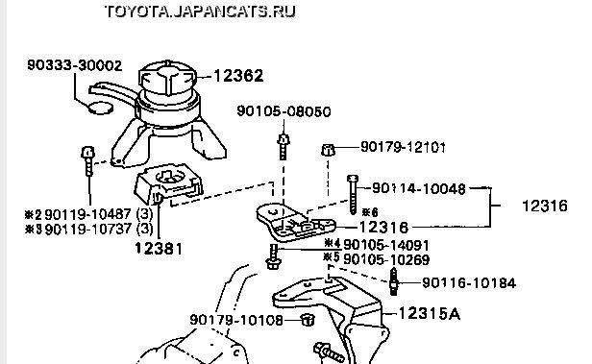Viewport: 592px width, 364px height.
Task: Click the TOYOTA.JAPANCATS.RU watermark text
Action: point(200,12)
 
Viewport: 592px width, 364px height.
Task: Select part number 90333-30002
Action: point(75,65)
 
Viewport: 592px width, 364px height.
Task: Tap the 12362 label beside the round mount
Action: point(238,76)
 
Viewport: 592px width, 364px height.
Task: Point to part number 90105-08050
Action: point(284,111)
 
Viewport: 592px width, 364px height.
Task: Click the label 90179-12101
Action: point(403,147)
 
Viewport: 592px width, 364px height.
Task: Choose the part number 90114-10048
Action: point(419,188)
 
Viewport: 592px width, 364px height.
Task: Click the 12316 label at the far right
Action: point(545,206)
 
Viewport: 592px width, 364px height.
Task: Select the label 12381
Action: point(159,248)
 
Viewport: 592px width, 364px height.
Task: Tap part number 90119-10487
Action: point(88,214)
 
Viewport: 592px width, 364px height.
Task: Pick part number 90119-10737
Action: point(88,229)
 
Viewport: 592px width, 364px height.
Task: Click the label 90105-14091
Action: point(386,245)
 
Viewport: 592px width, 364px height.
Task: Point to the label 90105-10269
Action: point(386,259)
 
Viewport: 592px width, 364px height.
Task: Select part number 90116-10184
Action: point(469,283)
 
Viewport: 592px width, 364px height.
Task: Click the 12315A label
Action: point(430,313)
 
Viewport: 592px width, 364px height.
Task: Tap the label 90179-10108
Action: point(236,320)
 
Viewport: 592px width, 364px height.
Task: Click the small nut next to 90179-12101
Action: point(328,150)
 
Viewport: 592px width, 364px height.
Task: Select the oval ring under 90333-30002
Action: point(100,108)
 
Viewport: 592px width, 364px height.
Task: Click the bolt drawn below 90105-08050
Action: point(284,146)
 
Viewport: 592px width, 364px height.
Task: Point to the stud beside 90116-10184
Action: point(394,281)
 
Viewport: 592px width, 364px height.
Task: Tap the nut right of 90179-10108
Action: point(308,320)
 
